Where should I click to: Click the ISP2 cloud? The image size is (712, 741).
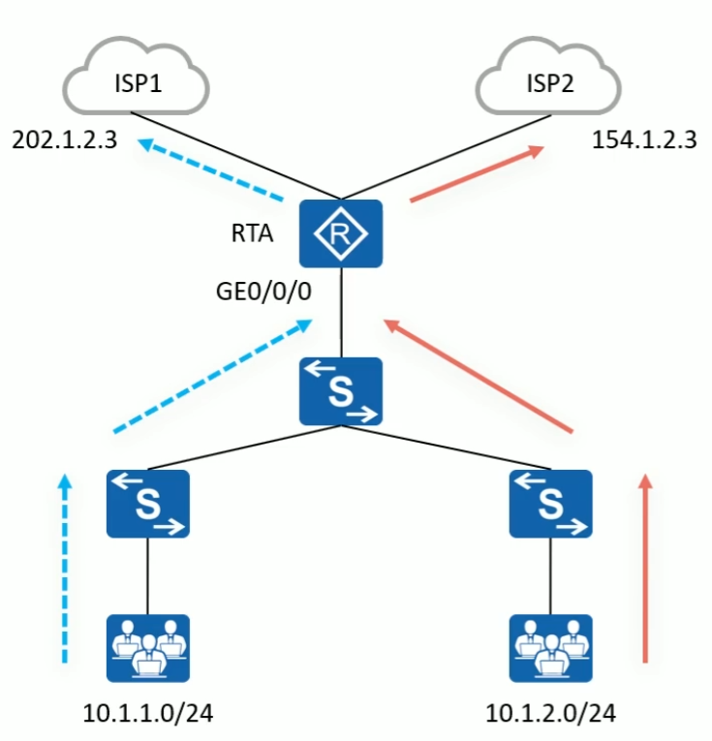tap(549, 81)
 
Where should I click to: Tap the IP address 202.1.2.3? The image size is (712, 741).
tap(64, 139)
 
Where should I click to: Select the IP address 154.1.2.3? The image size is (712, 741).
tap(644, 139)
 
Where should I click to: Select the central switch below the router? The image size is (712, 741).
tap(341, 391)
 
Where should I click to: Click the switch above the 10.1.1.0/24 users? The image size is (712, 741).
tap(148, 504)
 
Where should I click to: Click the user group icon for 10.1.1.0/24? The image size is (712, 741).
tap(148, 648)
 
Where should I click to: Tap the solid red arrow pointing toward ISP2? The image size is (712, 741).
tap(475, 174)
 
